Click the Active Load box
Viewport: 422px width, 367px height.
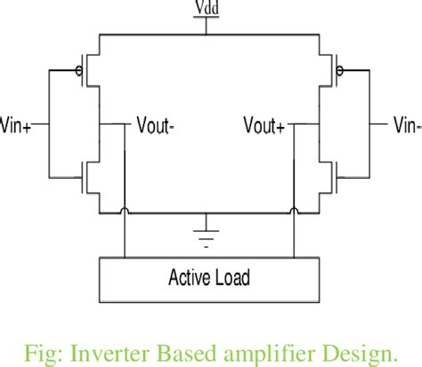click(208, 277)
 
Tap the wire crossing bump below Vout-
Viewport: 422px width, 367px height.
click(126, 211)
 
